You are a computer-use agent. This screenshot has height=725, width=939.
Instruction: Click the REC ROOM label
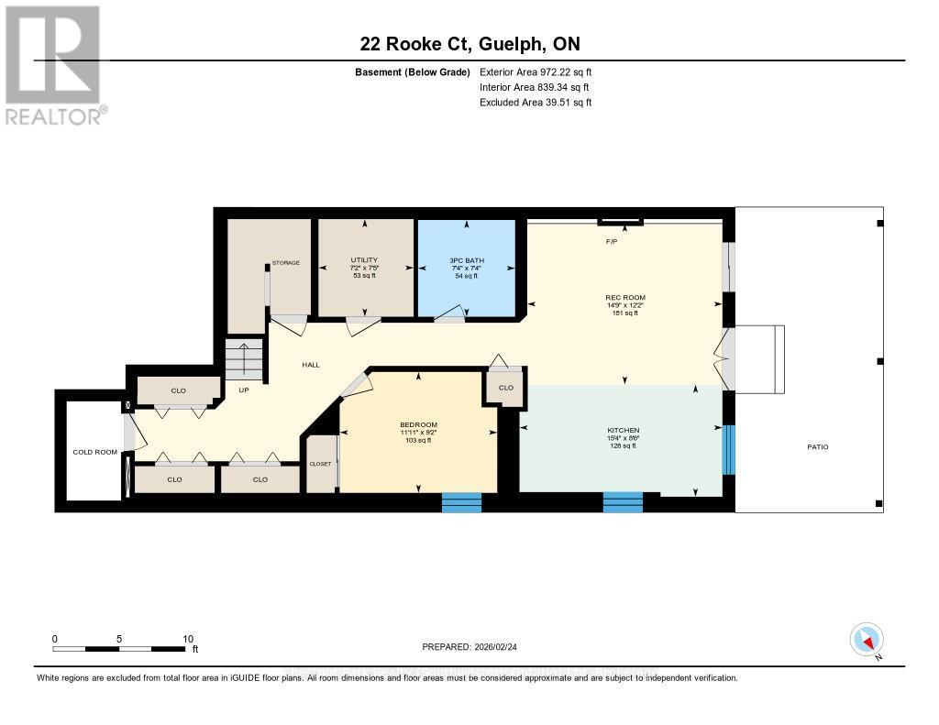(x=625, y=297)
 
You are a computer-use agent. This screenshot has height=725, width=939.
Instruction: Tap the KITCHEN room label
(x=623, y=430)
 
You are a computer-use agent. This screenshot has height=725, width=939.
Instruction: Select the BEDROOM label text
(x=418, y=424)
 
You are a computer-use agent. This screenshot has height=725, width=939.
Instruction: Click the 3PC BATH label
(x=467, y=260)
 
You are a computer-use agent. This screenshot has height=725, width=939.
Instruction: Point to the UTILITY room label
(x=364, y=260)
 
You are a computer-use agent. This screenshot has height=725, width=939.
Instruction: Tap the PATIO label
(x=817, y=446)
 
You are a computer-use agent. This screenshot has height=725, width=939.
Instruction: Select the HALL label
(x=311, y=365)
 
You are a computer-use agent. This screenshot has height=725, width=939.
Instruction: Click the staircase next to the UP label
(x=245, y=359)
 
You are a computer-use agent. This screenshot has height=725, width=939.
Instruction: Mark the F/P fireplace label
(x=612, y=242)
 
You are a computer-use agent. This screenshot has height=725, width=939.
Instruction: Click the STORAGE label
(x=285, y=263)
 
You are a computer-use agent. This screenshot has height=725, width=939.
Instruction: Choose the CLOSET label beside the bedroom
(x=320, y=464)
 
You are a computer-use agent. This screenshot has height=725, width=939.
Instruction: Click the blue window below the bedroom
(x=461, y=501)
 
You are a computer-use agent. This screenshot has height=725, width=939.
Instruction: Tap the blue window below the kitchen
(x=623, y=501)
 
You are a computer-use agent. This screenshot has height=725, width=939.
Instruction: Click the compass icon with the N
(x=867, y=639)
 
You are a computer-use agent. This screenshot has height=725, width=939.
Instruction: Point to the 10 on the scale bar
(x=187, y=639)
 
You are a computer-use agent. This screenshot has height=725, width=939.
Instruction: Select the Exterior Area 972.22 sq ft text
(x=540, y=71)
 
